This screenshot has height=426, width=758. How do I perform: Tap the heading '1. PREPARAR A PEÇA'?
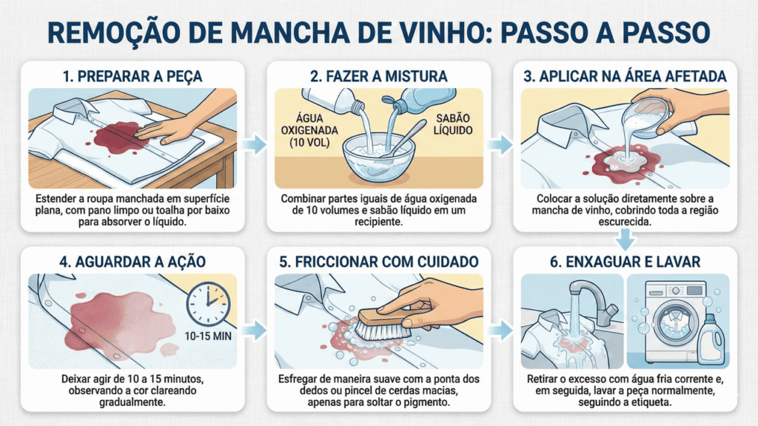[133, 75]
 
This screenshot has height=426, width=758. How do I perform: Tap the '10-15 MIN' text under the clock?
[208, 334]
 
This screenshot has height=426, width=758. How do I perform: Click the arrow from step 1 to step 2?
[255, 144]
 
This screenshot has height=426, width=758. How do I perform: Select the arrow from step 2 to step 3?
[502, 144]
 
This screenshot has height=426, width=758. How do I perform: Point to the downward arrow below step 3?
[626, 239]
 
